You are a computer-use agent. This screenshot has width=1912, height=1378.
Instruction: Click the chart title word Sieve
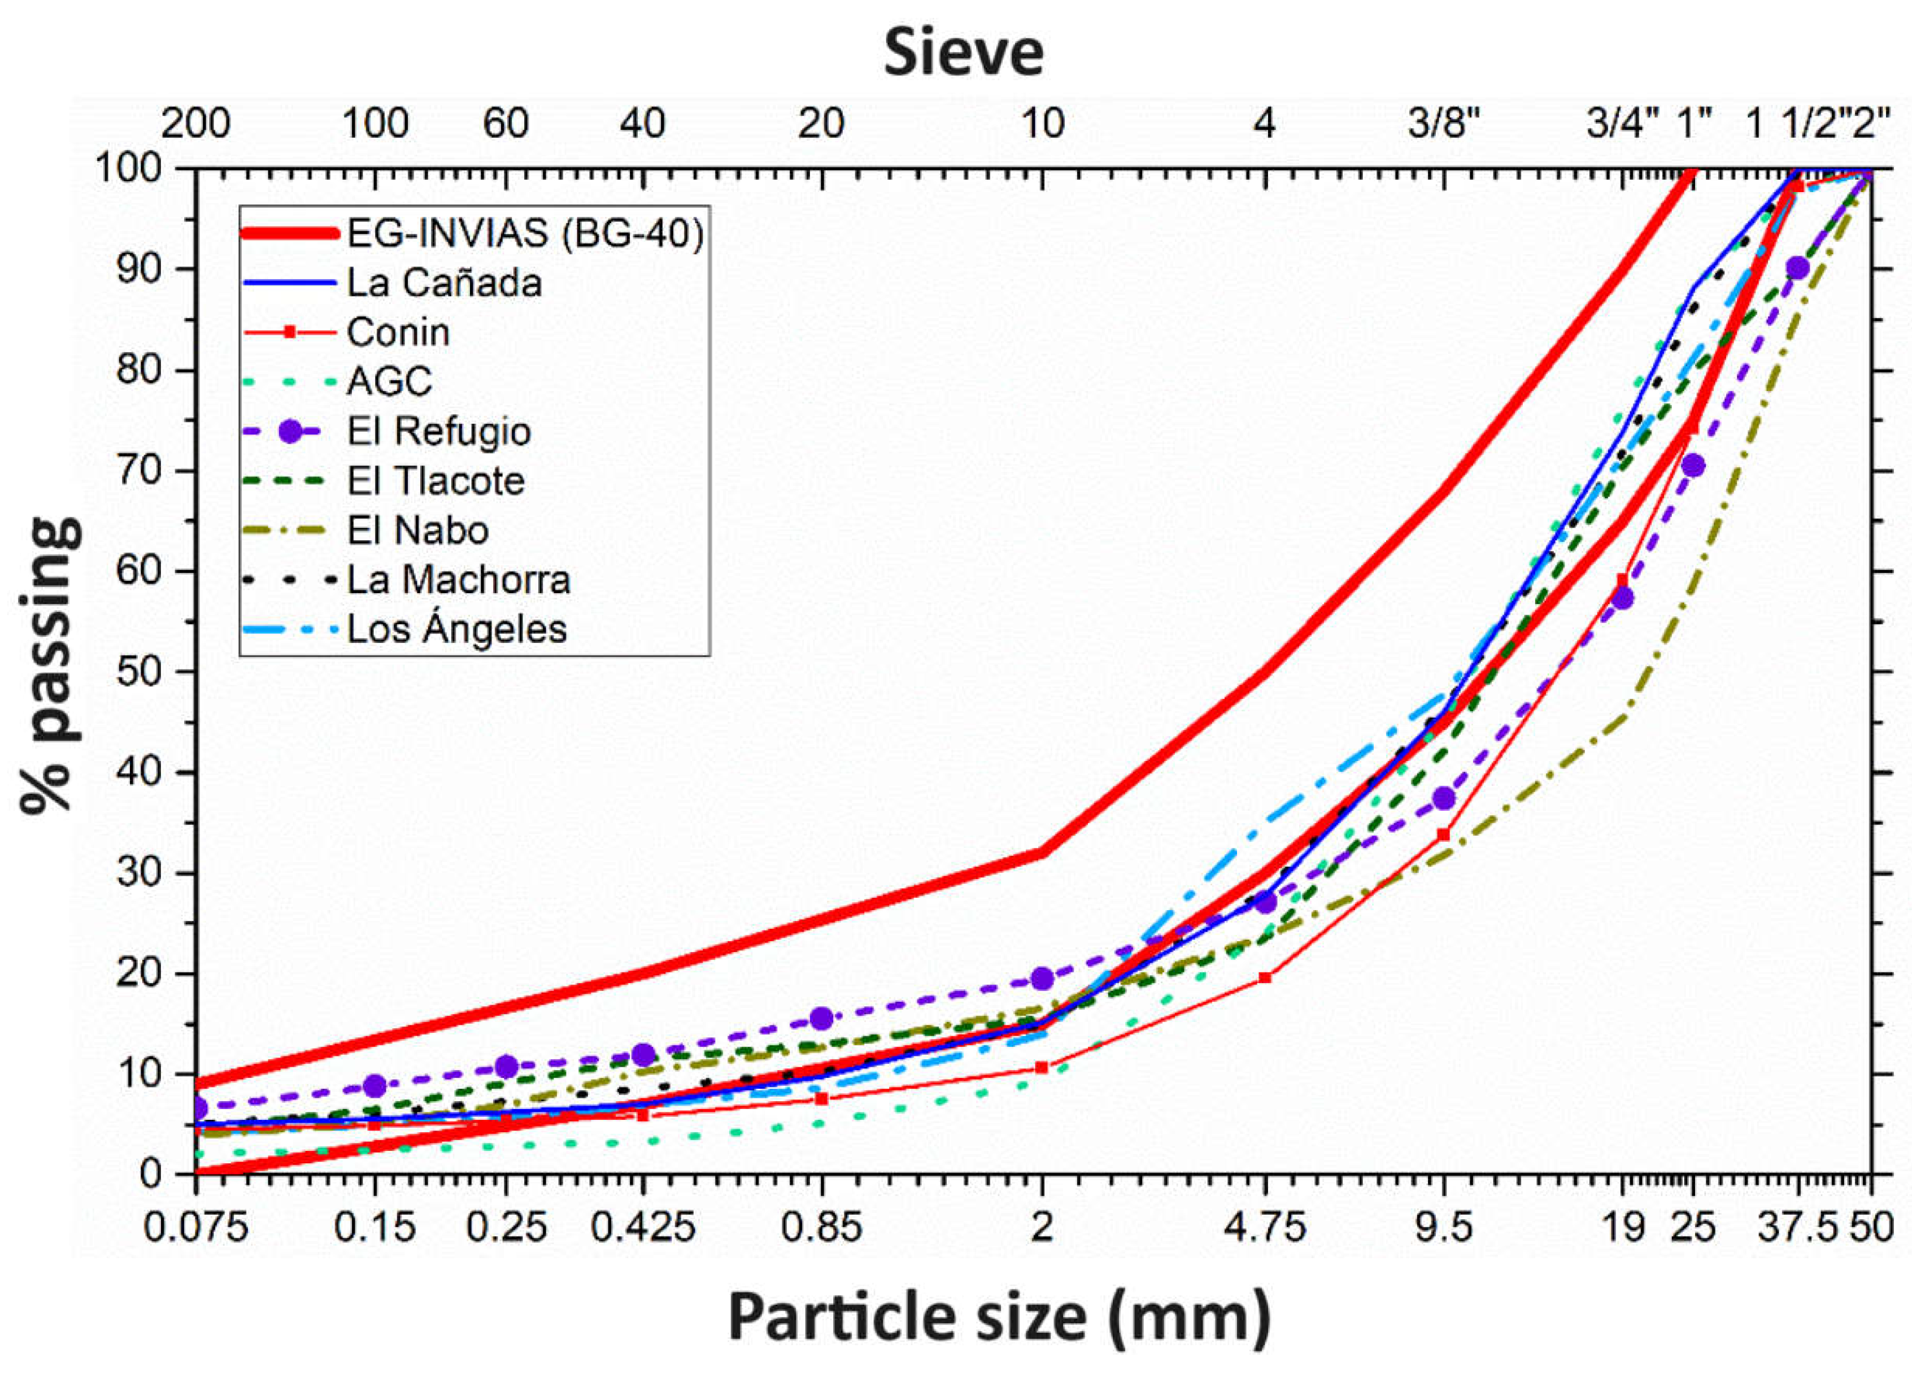(x=964, y=53)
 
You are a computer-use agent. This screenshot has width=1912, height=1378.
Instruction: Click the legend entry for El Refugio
(x=438, y=432)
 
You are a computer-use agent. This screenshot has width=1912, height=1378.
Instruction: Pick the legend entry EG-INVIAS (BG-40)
(x=524, y=233)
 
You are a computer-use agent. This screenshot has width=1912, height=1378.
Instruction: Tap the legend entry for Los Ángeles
(x=456, y=629)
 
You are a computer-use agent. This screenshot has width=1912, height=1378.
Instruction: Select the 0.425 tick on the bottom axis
(x=642, y=1228)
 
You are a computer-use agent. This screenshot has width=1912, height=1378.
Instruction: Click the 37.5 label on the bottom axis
(x=1797, y=1228)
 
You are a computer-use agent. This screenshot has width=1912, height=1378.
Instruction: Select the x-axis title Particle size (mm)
(x=999, y=1318)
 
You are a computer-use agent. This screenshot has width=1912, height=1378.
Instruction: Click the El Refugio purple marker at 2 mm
(x=1042, y=979)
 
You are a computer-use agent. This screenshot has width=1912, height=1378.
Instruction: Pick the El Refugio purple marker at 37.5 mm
(x=1797, y=268)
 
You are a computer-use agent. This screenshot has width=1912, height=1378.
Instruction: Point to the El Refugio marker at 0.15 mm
(x=375, y=1085)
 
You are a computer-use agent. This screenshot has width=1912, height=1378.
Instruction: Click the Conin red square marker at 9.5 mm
(x=1443, y=835)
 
